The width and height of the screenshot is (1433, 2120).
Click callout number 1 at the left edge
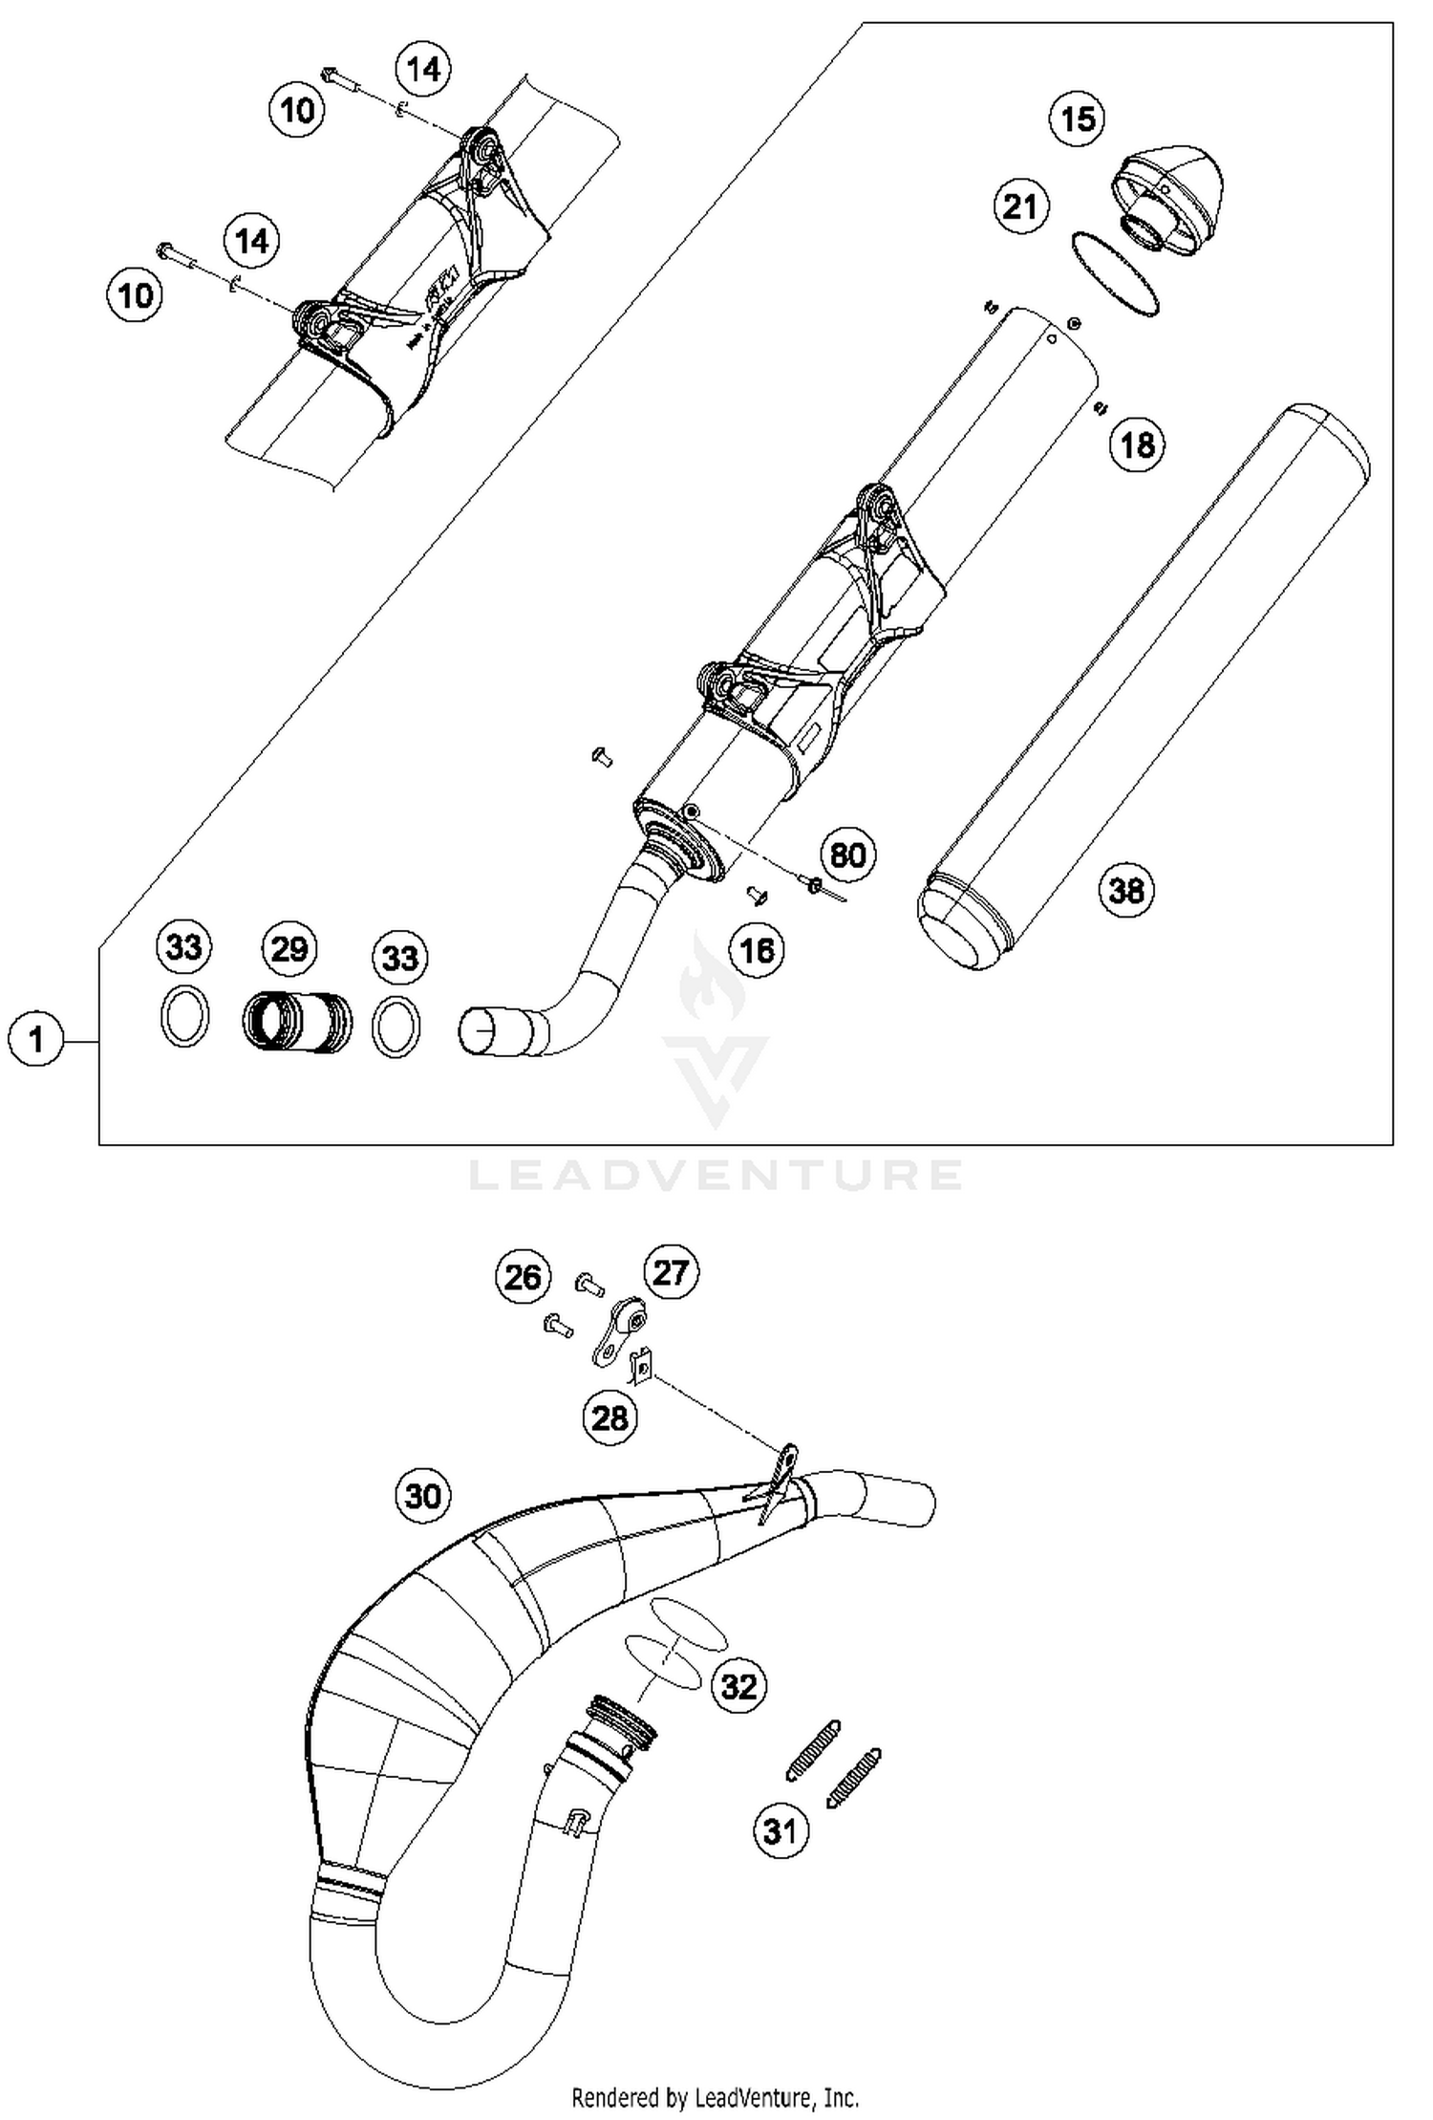(x=36, y=1039)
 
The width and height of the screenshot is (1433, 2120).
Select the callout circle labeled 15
(x=1078, y=119)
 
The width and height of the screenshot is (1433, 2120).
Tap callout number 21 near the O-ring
(x=1020, y=206)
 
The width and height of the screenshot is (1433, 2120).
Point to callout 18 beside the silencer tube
(x=1137, y=444)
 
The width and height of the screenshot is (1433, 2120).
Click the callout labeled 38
(x=1126, y=891)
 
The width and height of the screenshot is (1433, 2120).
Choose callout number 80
(x=847, y=854)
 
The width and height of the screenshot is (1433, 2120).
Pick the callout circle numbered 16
(x=757, y=950)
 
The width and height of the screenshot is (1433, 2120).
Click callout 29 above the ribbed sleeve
(x=289, y=949)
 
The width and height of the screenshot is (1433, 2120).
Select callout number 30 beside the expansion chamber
(x=423, y=1494)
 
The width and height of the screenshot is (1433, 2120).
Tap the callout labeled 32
(x=738, y=1687)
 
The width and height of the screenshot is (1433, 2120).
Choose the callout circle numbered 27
(x=671, y=1272)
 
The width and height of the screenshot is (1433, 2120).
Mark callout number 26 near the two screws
(x=523, y=1277)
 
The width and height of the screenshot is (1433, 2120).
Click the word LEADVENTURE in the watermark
(x=716, y=1175)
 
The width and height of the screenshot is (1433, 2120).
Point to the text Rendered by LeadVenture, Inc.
(x=715, y=2097)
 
